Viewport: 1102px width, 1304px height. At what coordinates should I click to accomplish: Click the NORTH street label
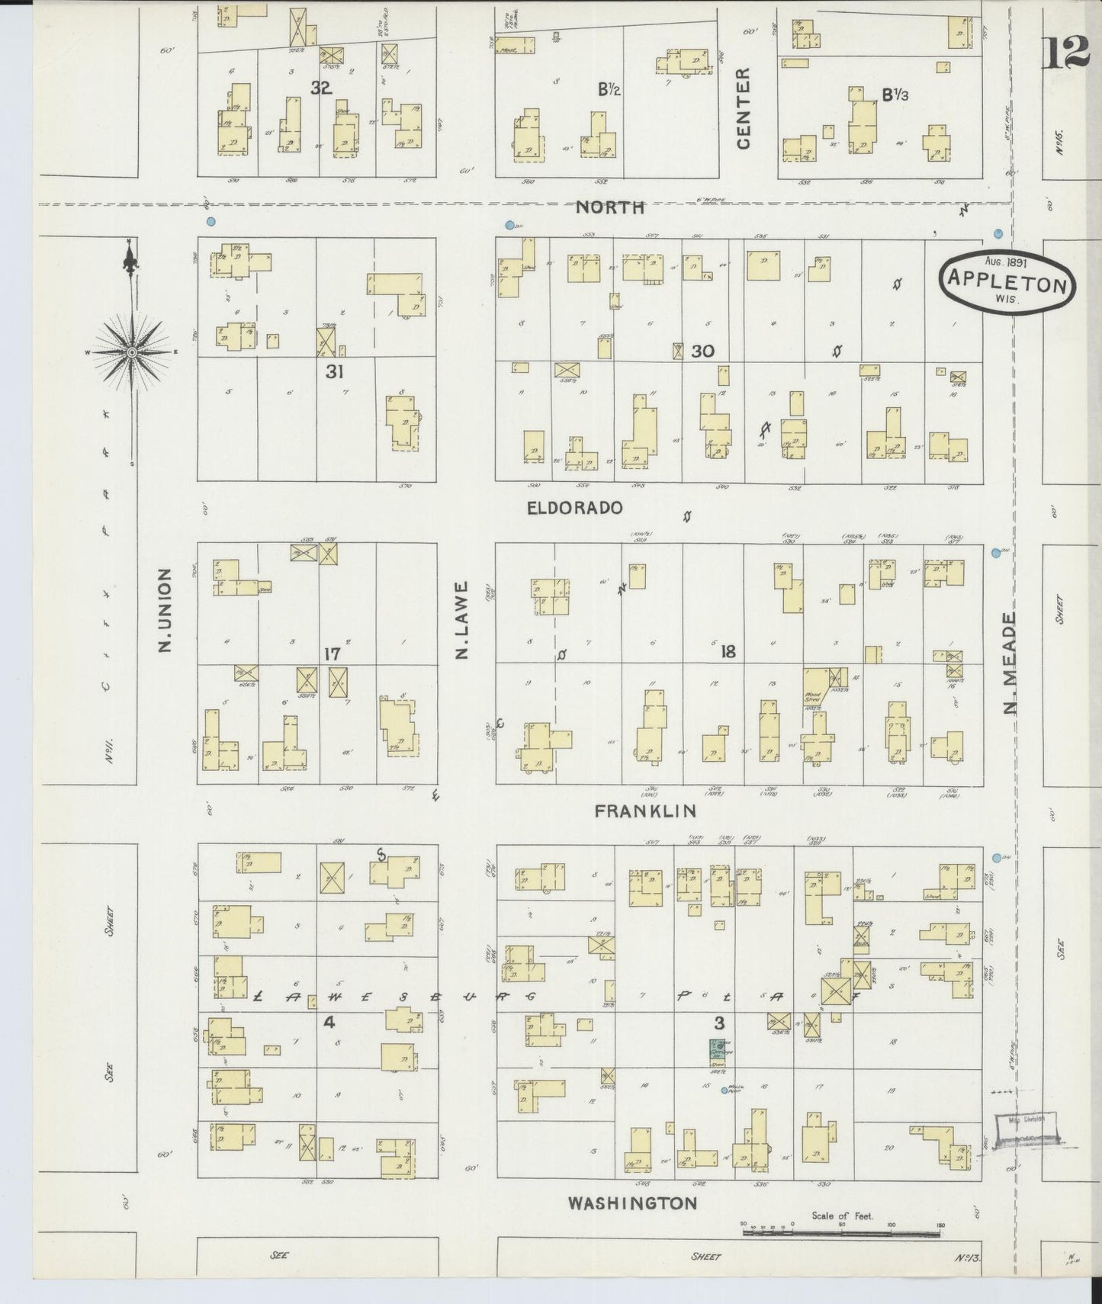[610, 207]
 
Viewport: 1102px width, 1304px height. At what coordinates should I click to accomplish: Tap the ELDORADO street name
[575, 507]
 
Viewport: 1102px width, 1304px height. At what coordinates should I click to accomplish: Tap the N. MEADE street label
[1011, 663]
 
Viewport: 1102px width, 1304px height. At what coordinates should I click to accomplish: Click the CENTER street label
[744, 108]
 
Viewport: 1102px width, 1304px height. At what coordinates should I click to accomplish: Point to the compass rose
[132, 352]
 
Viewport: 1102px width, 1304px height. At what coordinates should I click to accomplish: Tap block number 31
[334, 371]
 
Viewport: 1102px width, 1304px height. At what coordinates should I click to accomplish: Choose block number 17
[332, 654]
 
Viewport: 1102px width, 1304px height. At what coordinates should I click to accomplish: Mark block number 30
[702, 351]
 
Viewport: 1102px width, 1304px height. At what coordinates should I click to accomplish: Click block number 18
[728, 651]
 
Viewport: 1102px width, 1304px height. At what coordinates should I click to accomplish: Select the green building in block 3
[718, 1053]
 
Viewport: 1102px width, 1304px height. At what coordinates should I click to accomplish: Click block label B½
[609, 90]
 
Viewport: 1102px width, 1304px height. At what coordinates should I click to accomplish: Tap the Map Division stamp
[1030, 1128]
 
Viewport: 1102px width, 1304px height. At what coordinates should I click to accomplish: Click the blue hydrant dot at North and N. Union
[210, 222]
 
